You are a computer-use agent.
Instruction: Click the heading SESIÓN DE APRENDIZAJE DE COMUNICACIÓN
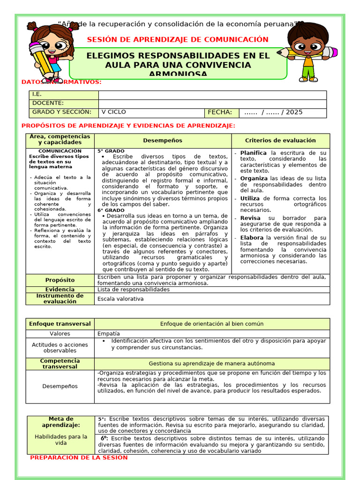pos(178,39)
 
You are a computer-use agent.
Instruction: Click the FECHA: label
pos(220,112)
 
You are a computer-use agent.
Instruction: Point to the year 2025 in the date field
pos(294,112)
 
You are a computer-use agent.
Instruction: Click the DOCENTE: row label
pos(48,103)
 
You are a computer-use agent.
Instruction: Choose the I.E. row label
pos(37,95)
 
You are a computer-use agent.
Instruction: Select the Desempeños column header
pos(163,141)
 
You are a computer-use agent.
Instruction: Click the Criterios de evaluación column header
pos(280,141)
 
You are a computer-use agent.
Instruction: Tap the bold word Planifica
pos(253,153)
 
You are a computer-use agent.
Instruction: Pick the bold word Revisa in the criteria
pos(251,218)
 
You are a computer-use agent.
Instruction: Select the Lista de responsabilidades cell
pos(134,290)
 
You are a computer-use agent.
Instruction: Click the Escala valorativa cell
pos(120,299)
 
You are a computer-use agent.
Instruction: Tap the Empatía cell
pos(108,334)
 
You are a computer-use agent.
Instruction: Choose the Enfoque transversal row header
pos(60,324)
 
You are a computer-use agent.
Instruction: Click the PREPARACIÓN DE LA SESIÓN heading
pos(79,457)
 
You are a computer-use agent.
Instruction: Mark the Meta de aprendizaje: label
pos(61,422)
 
